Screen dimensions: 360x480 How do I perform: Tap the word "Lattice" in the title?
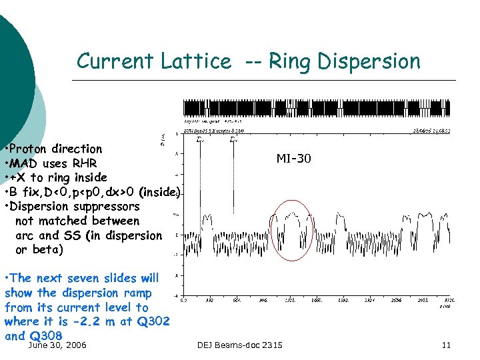click(195, 61)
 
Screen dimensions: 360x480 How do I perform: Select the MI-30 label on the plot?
click(293, 159)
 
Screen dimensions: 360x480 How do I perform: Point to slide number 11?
click(447, 345)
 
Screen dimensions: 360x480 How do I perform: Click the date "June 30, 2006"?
click(57, 345)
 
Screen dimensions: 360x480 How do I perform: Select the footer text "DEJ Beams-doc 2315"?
click(240, 345)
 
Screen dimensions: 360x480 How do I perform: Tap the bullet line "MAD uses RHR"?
click(53, 163)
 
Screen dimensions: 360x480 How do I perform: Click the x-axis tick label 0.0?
click(184, 300)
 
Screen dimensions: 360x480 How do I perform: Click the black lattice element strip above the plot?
click(317, 109)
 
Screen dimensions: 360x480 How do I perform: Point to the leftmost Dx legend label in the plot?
click(200, 140)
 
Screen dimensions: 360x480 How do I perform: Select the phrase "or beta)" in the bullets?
click(39, 250)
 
